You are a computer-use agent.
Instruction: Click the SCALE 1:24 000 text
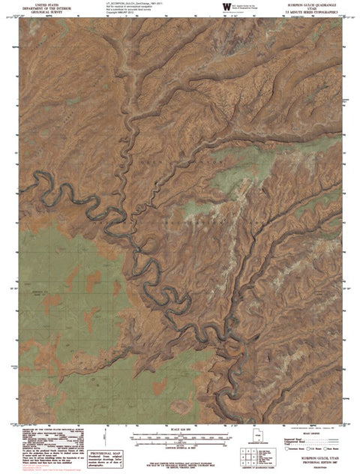(180, 430)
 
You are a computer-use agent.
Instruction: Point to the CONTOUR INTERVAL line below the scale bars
(180, 447)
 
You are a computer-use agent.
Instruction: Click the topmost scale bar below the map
(180, 434)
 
